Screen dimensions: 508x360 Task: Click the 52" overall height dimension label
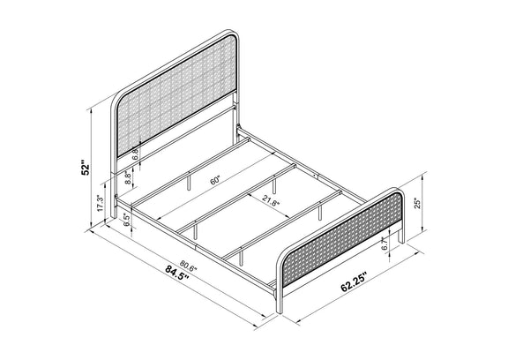[85, 168]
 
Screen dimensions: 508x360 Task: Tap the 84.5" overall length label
[177, 274]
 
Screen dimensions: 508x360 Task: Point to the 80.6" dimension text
[188, 266]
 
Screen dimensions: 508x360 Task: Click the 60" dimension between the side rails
[215, 180]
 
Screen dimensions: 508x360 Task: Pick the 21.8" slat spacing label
[271, 203]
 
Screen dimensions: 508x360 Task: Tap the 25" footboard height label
[418, 203]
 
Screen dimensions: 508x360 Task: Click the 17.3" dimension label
[101, 204]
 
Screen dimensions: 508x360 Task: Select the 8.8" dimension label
[128, 178]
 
